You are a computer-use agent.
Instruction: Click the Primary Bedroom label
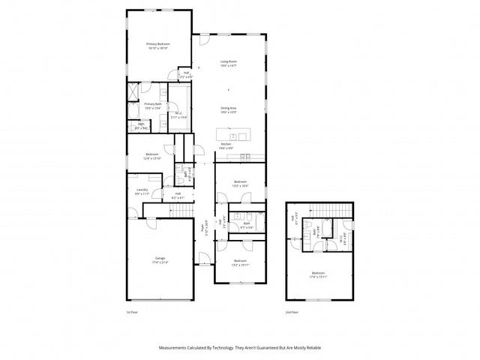[x=157, y=46]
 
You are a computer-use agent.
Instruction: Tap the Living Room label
[x=229, y=64]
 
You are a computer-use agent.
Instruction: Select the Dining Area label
[x=229, y=109]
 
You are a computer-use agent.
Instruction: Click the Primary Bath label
[x=153, y=106]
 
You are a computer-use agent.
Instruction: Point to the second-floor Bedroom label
[x=319, y=274]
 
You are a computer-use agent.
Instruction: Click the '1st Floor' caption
[x=133, y=311]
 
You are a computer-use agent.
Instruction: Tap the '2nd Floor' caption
[x=291, y=311]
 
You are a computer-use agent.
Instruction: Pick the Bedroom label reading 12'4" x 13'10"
[x=152, y=157]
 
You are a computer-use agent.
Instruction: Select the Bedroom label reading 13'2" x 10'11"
[x=240, y=262]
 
